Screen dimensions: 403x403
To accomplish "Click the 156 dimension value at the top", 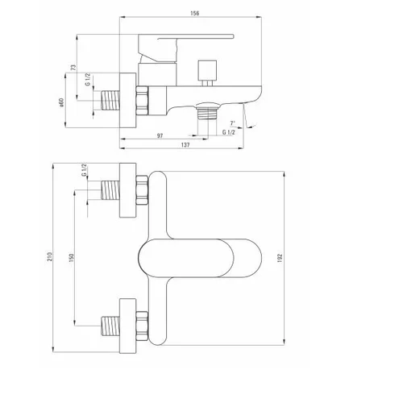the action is click(x=195, y=13).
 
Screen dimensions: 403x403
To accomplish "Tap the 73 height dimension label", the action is click(x=73, y=68).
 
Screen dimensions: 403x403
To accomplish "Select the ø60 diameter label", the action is click(x=61, y=102).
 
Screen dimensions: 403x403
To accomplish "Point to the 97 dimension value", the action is click(x=160, y=135).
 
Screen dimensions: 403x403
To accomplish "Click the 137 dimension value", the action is click(x=185, y=145).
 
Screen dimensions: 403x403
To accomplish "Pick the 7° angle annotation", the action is click(x=233, y=123).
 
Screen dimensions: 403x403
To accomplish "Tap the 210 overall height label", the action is click(x=50, y=257).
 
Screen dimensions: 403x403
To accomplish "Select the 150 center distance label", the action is click(x=71, y=258).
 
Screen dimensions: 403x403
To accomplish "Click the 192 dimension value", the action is click(x=280, y=258).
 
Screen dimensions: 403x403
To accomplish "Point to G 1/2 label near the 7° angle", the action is click(x=228, y=132).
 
